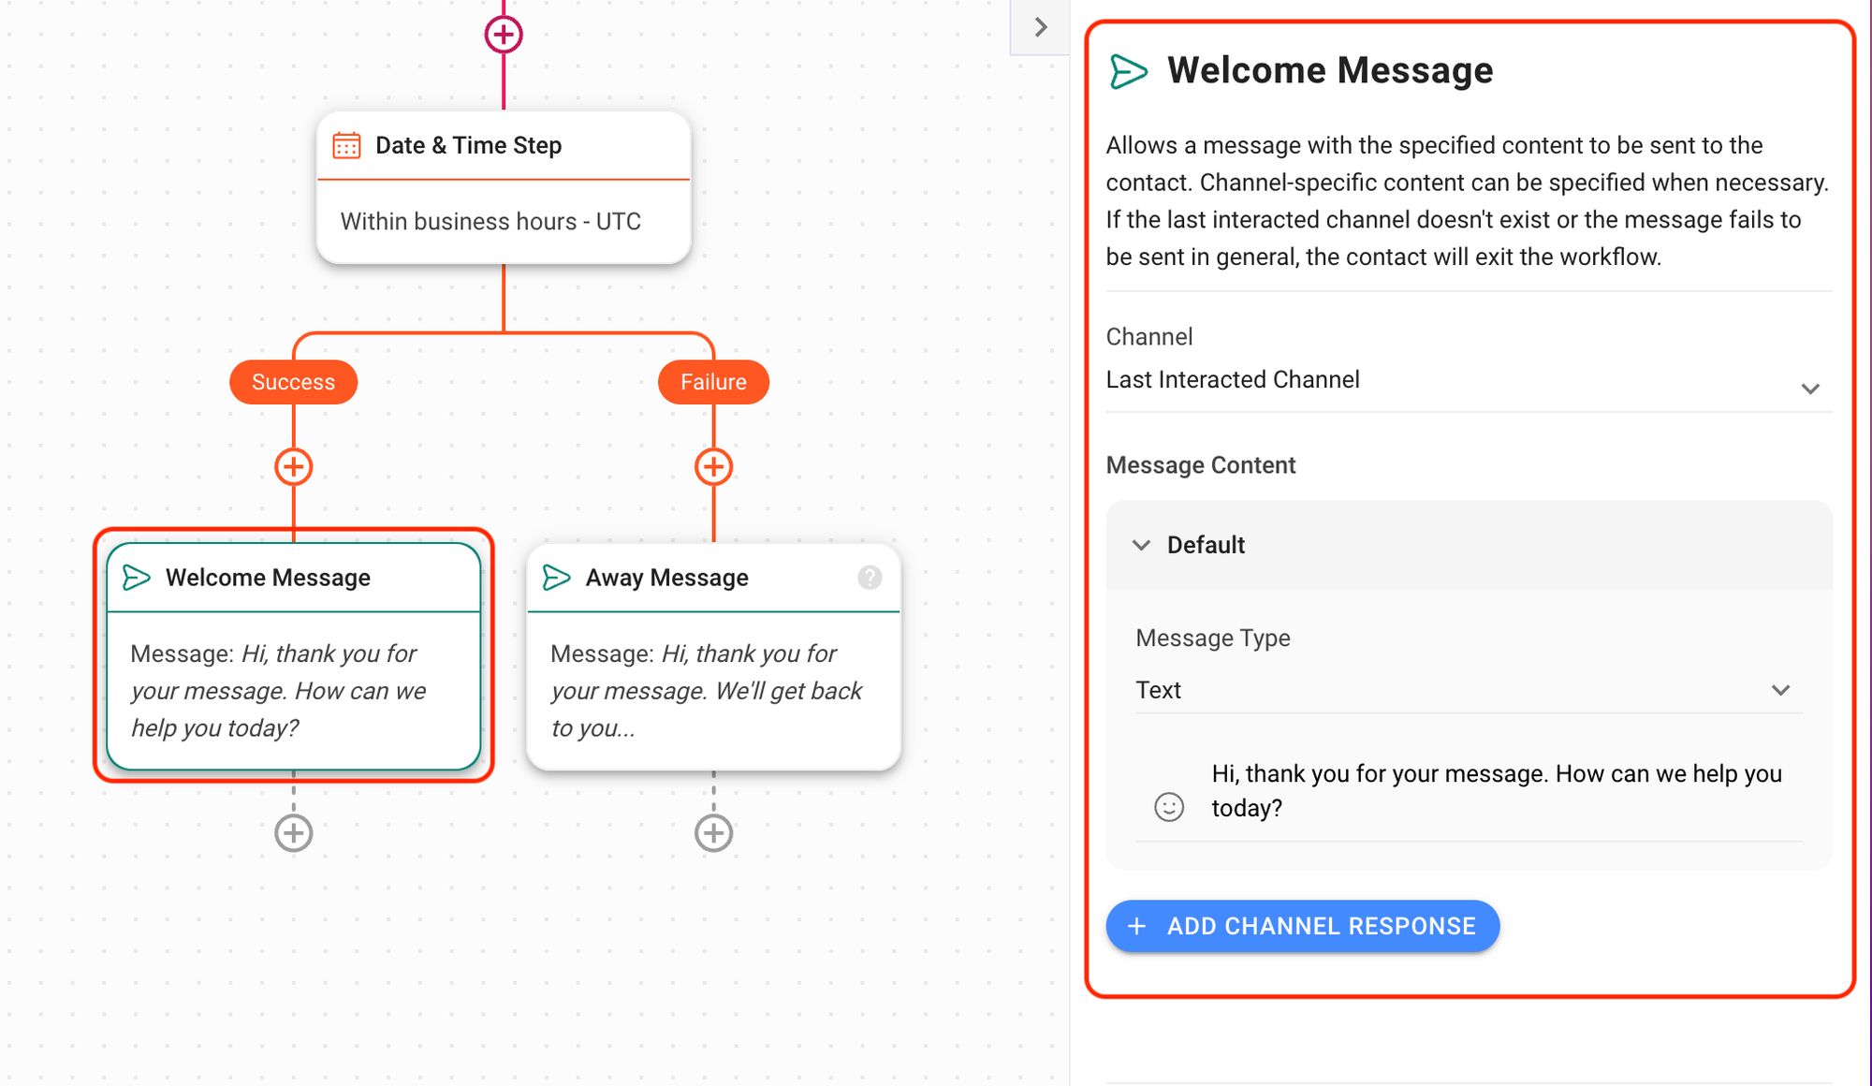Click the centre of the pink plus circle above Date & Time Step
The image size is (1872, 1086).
(x=504, y=35)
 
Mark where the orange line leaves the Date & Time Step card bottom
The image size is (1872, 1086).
(x=504, y=264)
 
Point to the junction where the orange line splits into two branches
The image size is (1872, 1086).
(x=504, y=332)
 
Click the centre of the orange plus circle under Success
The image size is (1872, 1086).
(x=294, y=466)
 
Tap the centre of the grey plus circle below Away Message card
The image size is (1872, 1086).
(x=713, y=832)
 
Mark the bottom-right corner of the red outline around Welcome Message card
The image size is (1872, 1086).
(x=492, y=780)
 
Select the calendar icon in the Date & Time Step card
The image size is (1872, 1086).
(x=346, y=145)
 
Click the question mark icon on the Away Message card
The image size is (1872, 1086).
(x=870, y=578)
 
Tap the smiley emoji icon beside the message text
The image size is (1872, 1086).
(x=1169, y=806)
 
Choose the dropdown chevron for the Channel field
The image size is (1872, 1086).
(x=1810, y=389)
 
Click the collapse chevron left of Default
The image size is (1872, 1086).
(x=1141, y=545)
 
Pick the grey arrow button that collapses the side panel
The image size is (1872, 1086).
(x=1040, y=27)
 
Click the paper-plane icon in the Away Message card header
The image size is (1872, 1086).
(x=556, y=578)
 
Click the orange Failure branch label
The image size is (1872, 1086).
(x=713, y=382)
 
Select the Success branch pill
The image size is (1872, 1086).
(x=293, y=382)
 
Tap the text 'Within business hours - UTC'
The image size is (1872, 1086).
(x=490, y=221)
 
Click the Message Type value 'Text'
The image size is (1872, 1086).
(x=1158, y=690)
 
